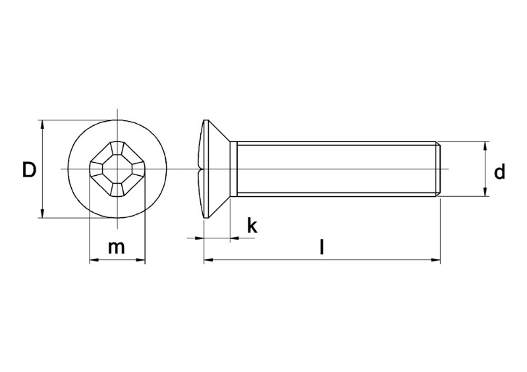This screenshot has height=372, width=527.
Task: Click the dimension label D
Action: tap(28, 170)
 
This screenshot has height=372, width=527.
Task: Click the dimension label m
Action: tap(117, 248)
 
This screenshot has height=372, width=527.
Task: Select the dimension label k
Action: tap(252, 226)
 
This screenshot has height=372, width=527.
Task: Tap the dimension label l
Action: tap(321, 248)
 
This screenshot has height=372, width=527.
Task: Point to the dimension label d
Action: tap(500, 173)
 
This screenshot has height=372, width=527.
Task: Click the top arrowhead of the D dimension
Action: tap(42, 124)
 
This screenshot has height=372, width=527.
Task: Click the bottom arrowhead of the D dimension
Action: tap(42, 214)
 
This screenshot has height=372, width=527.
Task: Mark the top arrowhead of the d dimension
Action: tap(485, 145)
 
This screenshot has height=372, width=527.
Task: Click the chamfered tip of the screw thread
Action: tap(437, 169)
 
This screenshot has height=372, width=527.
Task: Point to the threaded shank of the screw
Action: tap(336, 169)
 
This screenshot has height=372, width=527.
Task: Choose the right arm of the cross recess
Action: tap(140, 169)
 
